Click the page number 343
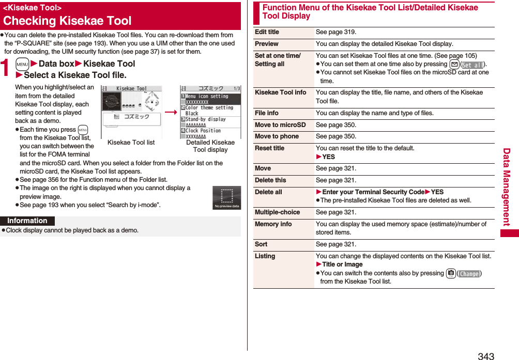[x=486, y=356]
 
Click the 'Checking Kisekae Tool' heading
[x=67, y=21]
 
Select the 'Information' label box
[x=27, y=221]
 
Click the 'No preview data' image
[x=226, y=198]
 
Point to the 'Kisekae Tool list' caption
[x=131, y=143]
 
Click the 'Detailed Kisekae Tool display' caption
[x=210, y=146]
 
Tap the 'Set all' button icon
[x=472, y=65]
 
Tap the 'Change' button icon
[x=469, y=274]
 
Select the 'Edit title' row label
[x=267, y=32]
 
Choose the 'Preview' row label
[x=267, y=44]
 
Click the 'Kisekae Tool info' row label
[x=281, y=92]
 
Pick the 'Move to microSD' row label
[x=280, y=125]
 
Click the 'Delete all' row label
[x=268, y=192]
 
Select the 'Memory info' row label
[x=273, y=224]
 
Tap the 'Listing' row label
[x=265, y=256]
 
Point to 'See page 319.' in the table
[x=336, y=32]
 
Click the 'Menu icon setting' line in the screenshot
[x=207, y=97]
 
